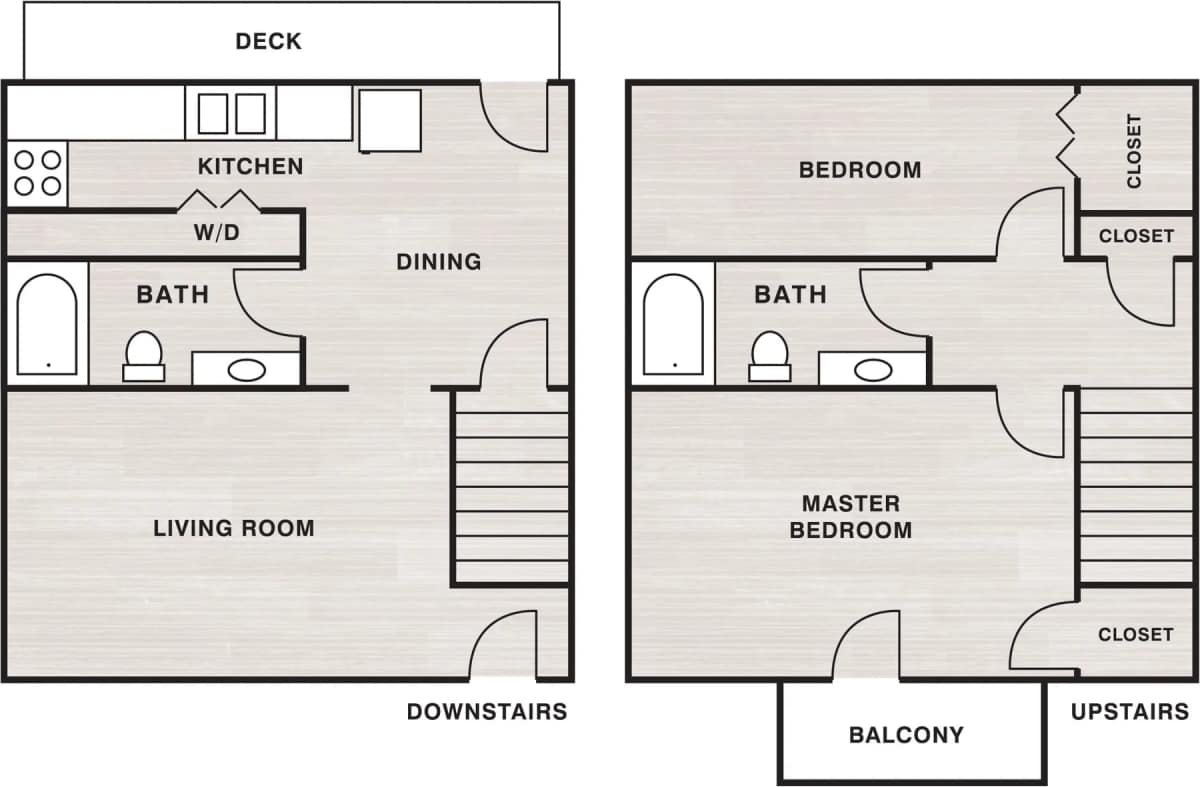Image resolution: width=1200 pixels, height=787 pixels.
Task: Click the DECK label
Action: (x=268, y=41)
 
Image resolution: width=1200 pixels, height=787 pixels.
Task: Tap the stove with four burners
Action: (x=37, y=172)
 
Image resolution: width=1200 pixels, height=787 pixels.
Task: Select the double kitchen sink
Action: (x=231, y=112)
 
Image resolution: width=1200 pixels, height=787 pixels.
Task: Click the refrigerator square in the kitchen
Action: (x=390, y=120)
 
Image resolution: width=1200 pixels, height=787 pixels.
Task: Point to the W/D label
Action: (x=217, y=234)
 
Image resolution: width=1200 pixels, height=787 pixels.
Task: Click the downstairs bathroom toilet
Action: (x=143, y=357)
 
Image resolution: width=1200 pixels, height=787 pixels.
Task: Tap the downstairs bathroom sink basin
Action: (x=247, y=370)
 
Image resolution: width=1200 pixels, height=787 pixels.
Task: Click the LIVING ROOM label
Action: (x=233, y=528)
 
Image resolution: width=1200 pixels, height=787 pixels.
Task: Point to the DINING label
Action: (x=438, y=262)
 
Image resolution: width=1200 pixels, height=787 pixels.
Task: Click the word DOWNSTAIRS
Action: (x=486, y=712)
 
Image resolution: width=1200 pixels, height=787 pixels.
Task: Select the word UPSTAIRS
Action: (x=1129, y=712)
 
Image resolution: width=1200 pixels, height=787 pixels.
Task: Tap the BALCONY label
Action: (x=906, y=735)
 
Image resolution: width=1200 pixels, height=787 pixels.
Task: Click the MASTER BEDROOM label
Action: (x=851, y=517)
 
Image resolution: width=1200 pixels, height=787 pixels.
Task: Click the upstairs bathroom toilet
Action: (x=770, y=357)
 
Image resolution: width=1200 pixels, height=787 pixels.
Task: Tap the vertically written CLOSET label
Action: (x=1134, y=151)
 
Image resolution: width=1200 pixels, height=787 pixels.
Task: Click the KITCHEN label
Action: (x=250, y=166)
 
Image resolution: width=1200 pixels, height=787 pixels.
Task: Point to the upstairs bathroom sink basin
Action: (x=873, y=370)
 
